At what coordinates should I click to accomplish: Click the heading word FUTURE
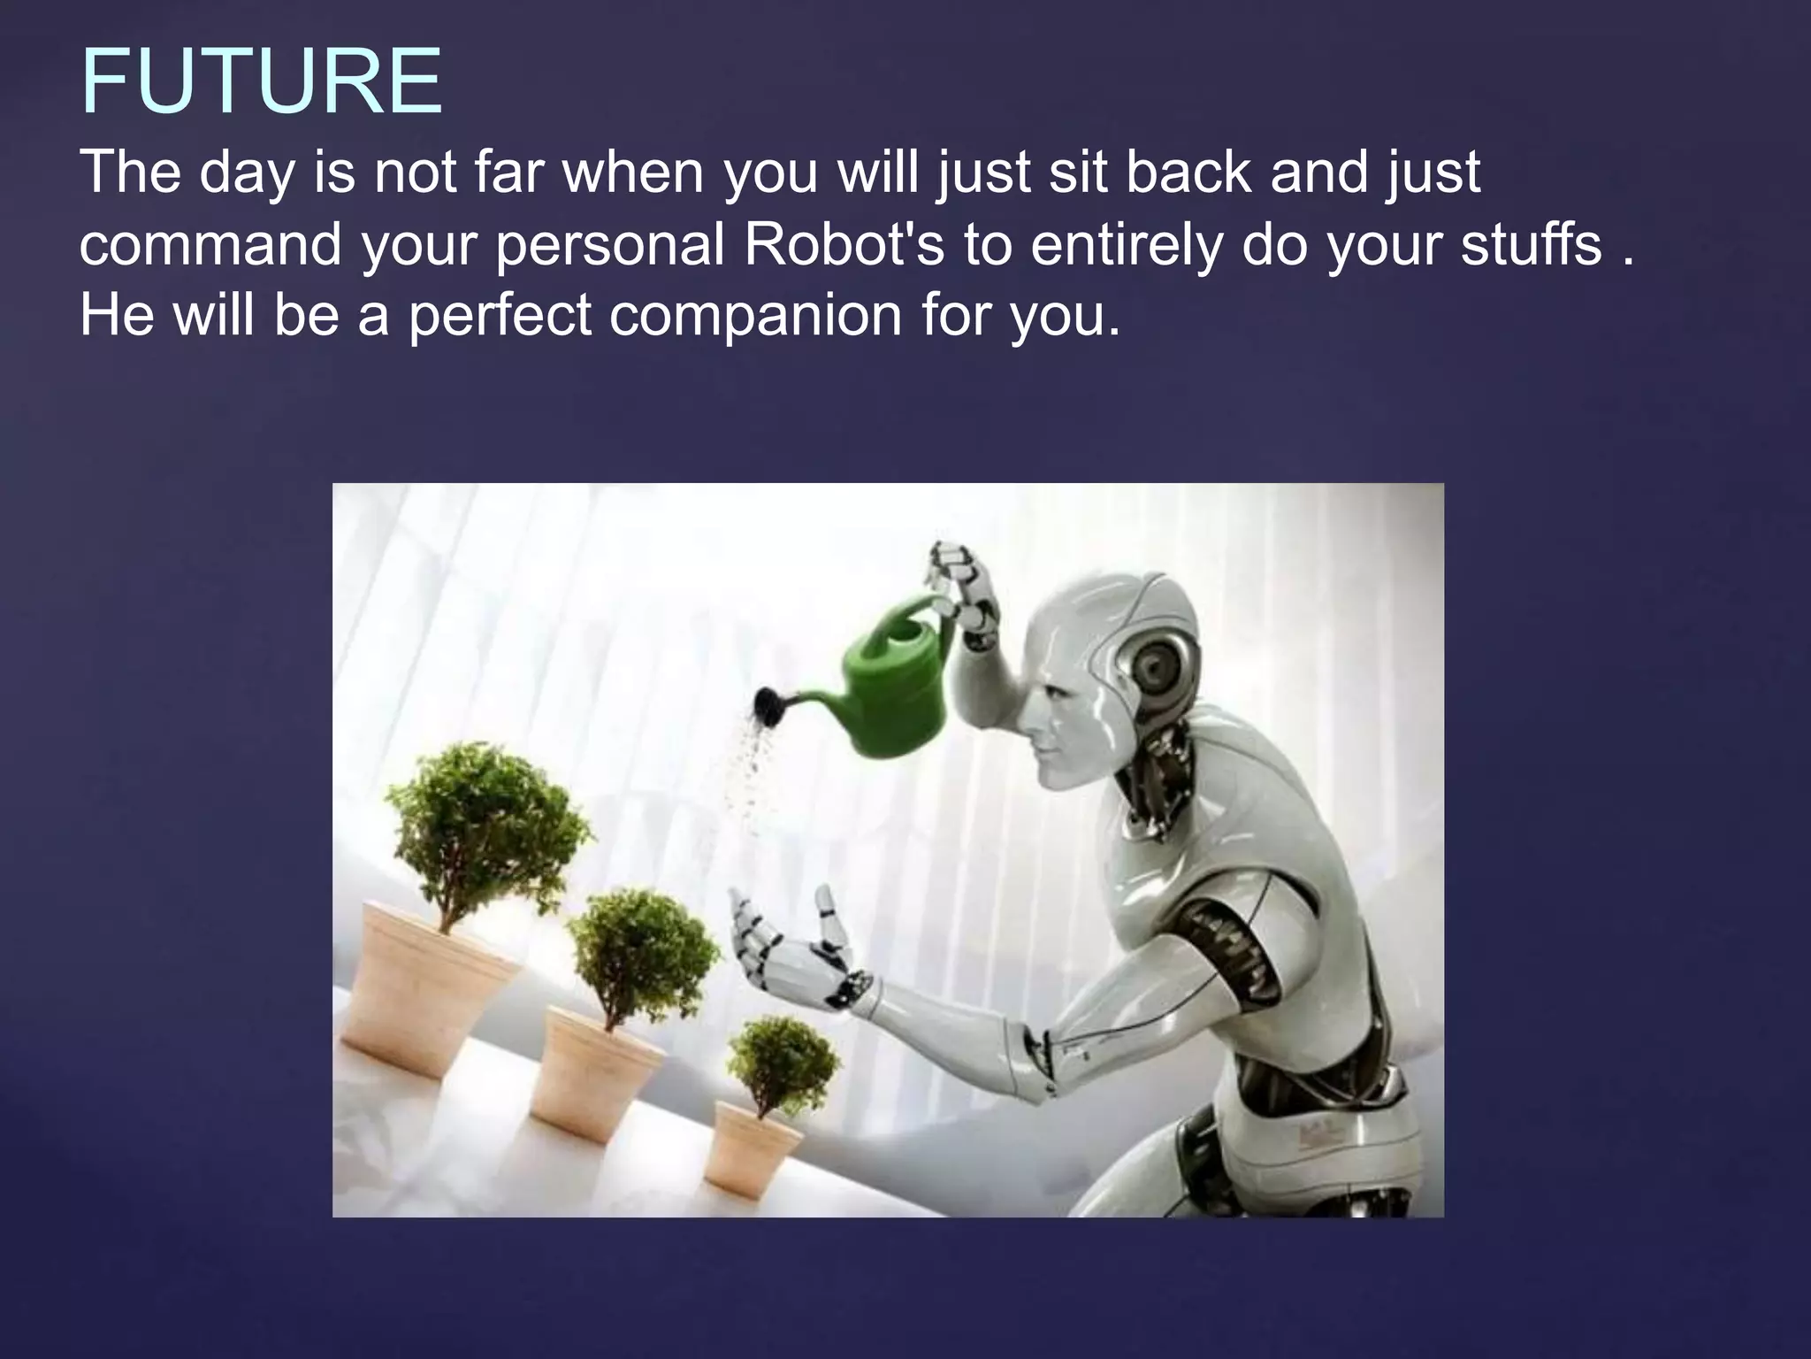[x=262, y=81]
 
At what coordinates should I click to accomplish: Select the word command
[x=210, y=244]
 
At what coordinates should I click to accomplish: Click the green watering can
[x=893, y=681]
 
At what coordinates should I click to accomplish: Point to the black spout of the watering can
[x=768, y=705]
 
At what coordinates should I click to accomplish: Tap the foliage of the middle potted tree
[x=641, y=951]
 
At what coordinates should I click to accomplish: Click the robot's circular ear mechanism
[x=1158, y=668]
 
